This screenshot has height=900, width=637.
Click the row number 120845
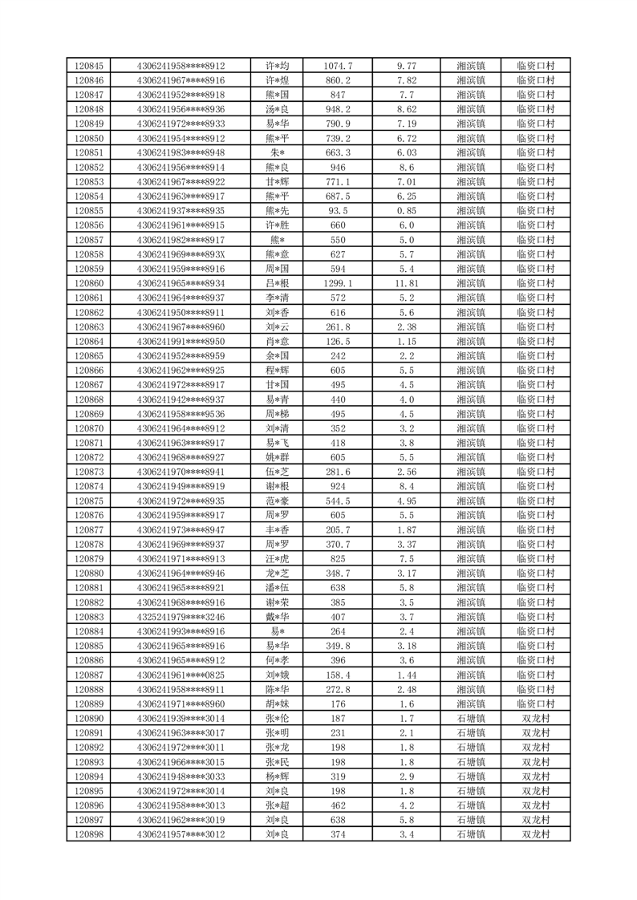tap(88, 66)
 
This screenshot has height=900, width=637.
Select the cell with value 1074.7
tap(338, 66)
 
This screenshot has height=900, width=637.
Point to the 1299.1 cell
tap(338, 283)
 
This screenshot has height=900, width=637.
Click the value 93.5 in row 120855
tap(338, 211)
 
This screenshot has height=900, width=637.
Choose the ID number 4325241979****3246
tap(181, 617)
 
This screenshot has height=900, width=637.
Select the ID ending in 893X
tap(181, 254)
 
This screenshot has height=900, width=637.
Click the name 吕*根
tap(277, 283)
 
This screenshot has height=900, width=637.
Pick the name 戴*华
tap(277, 617)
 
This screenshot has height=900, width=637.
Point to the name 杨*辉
tap(277, 776)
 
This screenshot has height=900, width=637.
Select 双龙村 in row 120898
tap(536, 835)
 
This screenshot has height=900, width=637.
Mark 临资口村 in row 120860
tap(536, 283)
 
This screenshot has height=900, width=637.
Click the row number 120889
tap(88, 704)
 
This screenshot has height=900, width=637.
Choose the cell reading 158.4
tap(338, 675)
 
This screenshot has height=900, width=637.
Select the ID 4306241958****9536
tap(181, 414)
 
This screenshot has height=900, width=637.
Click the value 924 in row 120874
tap(338, 486)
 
